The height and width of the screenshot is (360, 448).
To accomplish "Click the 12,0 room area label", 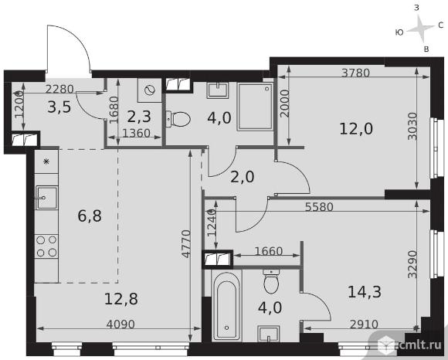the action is click(356, 129).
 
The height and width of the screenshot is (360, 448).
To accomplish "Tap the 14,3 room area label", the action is click(365, 292).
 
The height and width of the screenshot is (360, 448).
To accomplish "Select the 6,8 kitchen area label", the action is click(90, 216).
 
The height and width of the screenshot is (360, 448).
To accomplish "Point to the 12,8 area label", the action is click(121, 299).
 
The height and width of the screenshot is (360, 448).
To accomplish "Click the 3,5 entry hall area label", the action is click(59, 107).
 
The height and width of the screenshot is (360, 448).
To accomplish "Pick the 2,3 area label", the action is click(139, 117).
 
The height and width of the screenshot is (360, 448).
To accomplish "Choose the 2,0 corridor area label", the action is click(242, 177).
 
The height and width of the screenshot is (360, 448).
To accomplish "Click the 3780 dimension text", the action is click(356, 73).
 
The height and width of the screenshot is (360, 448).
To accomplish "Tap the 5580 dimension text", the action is click(319, 207).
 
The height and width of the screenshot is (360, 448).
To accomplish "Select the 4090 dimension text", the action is click(120, 324).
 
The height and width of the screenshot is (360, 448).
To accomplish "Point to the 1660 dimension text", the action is click(268, 251).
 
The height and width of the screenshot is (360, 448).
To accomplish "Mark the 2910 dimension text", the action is click(364, 324).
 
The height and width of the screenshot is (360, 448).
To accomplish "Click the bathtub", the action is click(227, 306).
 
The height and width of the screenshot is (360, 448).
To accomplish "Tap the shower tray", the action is click(255, 107).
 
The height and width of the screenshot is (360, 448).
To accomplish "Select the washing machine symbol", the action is click(149, 90).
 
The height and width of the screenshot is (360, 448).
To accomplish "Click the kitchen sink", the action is click(46, 197).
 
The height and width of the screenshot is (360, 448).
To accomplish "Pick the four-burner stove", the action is click(46, 246).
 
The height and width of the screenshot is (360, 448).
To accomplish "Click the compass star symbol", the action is click(420, 28).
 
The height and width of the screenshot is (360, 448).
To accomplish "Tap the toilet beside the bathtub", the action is click(271, 282).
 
